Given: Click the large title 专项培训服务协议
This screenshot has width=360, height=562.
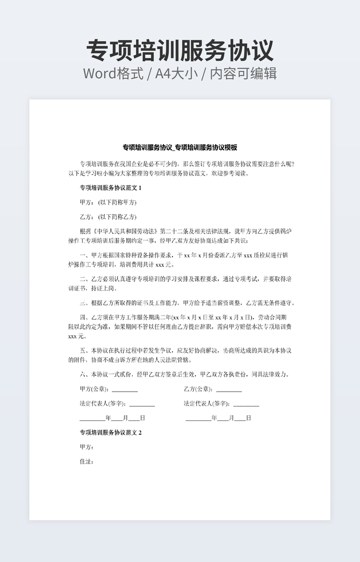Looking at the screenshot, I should [x=180, y=51].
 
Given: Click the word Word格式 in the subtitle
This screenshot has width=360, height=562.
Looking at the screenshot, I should [x=113, y=73].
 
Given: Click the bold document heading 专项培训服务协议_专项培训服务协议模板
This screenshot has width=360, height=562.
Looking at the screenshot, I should [x=180, y=147].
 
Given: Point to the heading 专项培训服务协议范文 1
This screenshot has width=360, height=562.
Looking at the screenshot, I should [x=111, y=188].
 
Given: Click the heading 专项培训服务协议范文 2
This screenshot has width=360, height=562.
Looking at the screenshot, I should [x=111, y=433].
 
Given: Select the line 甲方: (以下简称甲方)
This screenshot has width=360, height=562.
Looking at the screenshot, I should [x=108, y=202].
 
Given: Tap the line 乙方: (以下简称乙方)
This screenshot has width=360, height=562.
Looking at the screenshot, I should [x=108, y=217].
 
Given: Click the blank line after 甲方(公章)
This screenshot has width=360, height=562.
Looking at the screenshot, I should [x=125, y=390].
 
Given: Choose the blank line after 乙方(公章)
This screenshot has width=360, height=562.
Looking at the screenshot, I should [x=229, y=390].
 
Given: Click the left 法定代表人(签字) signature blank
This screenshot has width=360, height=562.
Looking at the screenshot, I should [x=142, y=404].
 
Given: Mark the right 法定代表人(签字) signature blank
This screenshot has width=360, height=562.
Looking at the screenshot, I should [x=246, y=404].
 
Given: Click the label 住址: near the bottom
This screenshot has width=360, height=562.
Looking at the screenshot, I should [x=87, y=461].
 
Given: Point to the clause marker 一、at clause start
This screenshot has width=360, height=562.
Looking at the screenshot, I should [x=84, y=255].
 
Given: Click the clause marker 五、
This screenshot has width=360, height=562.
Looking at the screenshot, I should [x=84, y=351].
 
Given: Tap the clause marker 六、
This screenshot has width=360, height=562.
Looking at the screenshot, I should [x=84, y=374].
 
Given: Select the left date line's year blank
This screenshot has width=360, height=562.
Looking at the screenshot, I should [x=93, y=418].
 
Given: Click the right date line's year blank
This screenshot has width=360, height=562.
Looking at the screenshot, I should [x=198, y=418].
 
